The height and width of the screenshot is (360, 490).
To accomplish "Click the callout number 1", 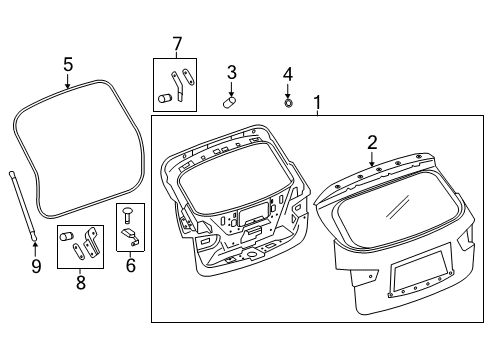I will (x=318, y=102).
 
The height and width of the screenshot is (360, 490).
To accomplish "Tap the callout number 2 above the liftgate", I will (x=371, y=143).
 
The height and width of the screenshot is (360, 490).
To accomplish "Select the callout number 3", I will (x=231, y=72).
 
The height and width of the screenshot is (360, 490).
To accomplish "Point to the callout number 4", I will (x=288, y=74).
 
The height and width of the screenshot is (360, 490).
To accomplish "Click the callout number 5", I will (x=68, y=64).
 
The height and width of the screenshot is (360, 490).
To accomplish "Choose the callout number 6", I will (x=130, y=266).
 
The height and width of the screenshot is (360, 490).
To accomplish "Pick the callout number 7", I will (x=177, y=44).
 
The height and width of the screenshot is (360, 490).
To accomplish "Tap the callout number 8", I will (x=81, y=283).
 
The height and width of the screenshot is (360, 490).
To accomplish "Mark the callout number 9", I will (x=36, y=265).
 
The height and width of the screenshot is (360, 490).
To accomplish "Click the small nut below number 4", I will (x=288, y=101).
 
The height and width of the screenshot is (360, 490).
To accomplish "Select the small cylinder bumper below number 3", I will (x=229, y=101).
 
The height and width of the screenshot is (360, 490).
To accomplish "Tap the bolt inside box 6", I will (x=125, y=214).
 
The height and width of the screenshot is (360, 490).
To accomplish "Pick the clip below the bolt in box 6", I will (x=130, y=237).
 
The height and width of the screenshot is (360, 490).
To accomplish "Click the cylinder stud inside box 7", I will (x=165, y=99).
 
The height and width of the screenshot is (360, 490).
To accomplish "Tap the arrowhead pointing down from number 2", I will (x=371, y=164).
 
